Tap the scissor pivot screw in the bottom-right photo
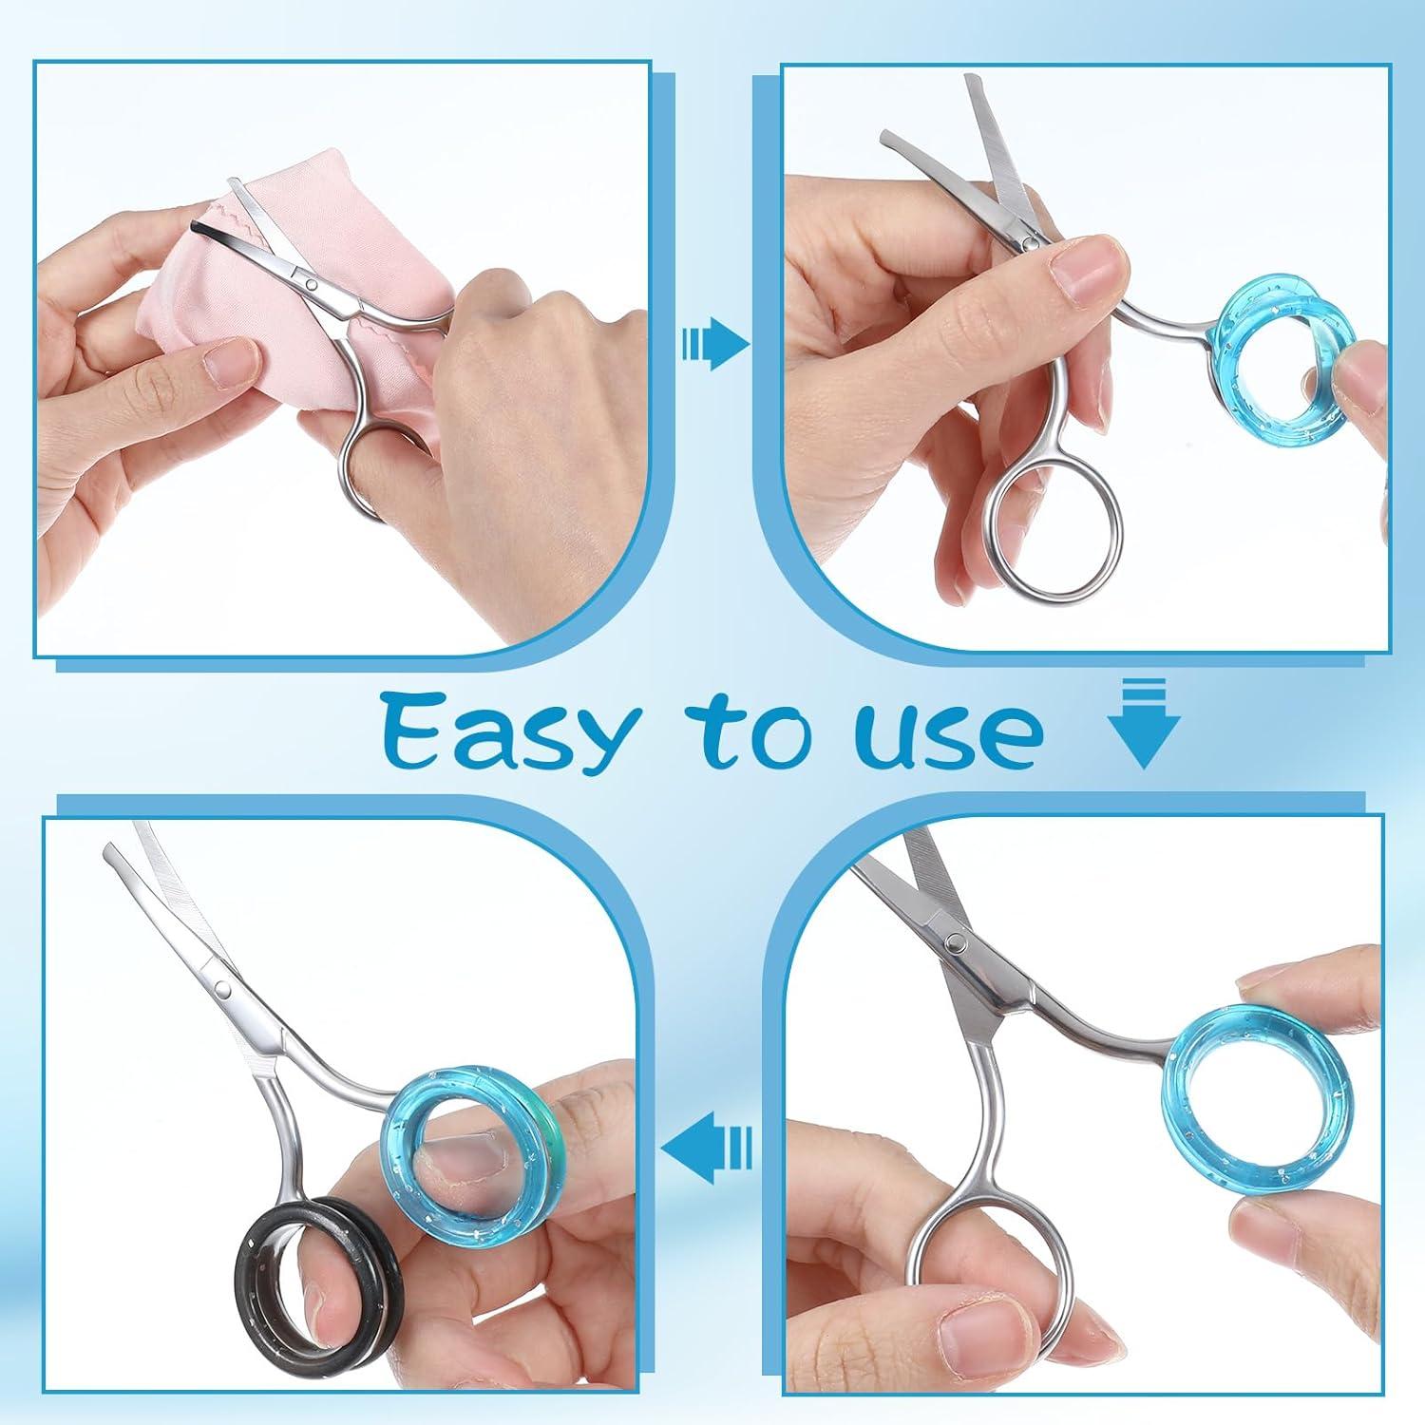[x=956, y=940]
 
